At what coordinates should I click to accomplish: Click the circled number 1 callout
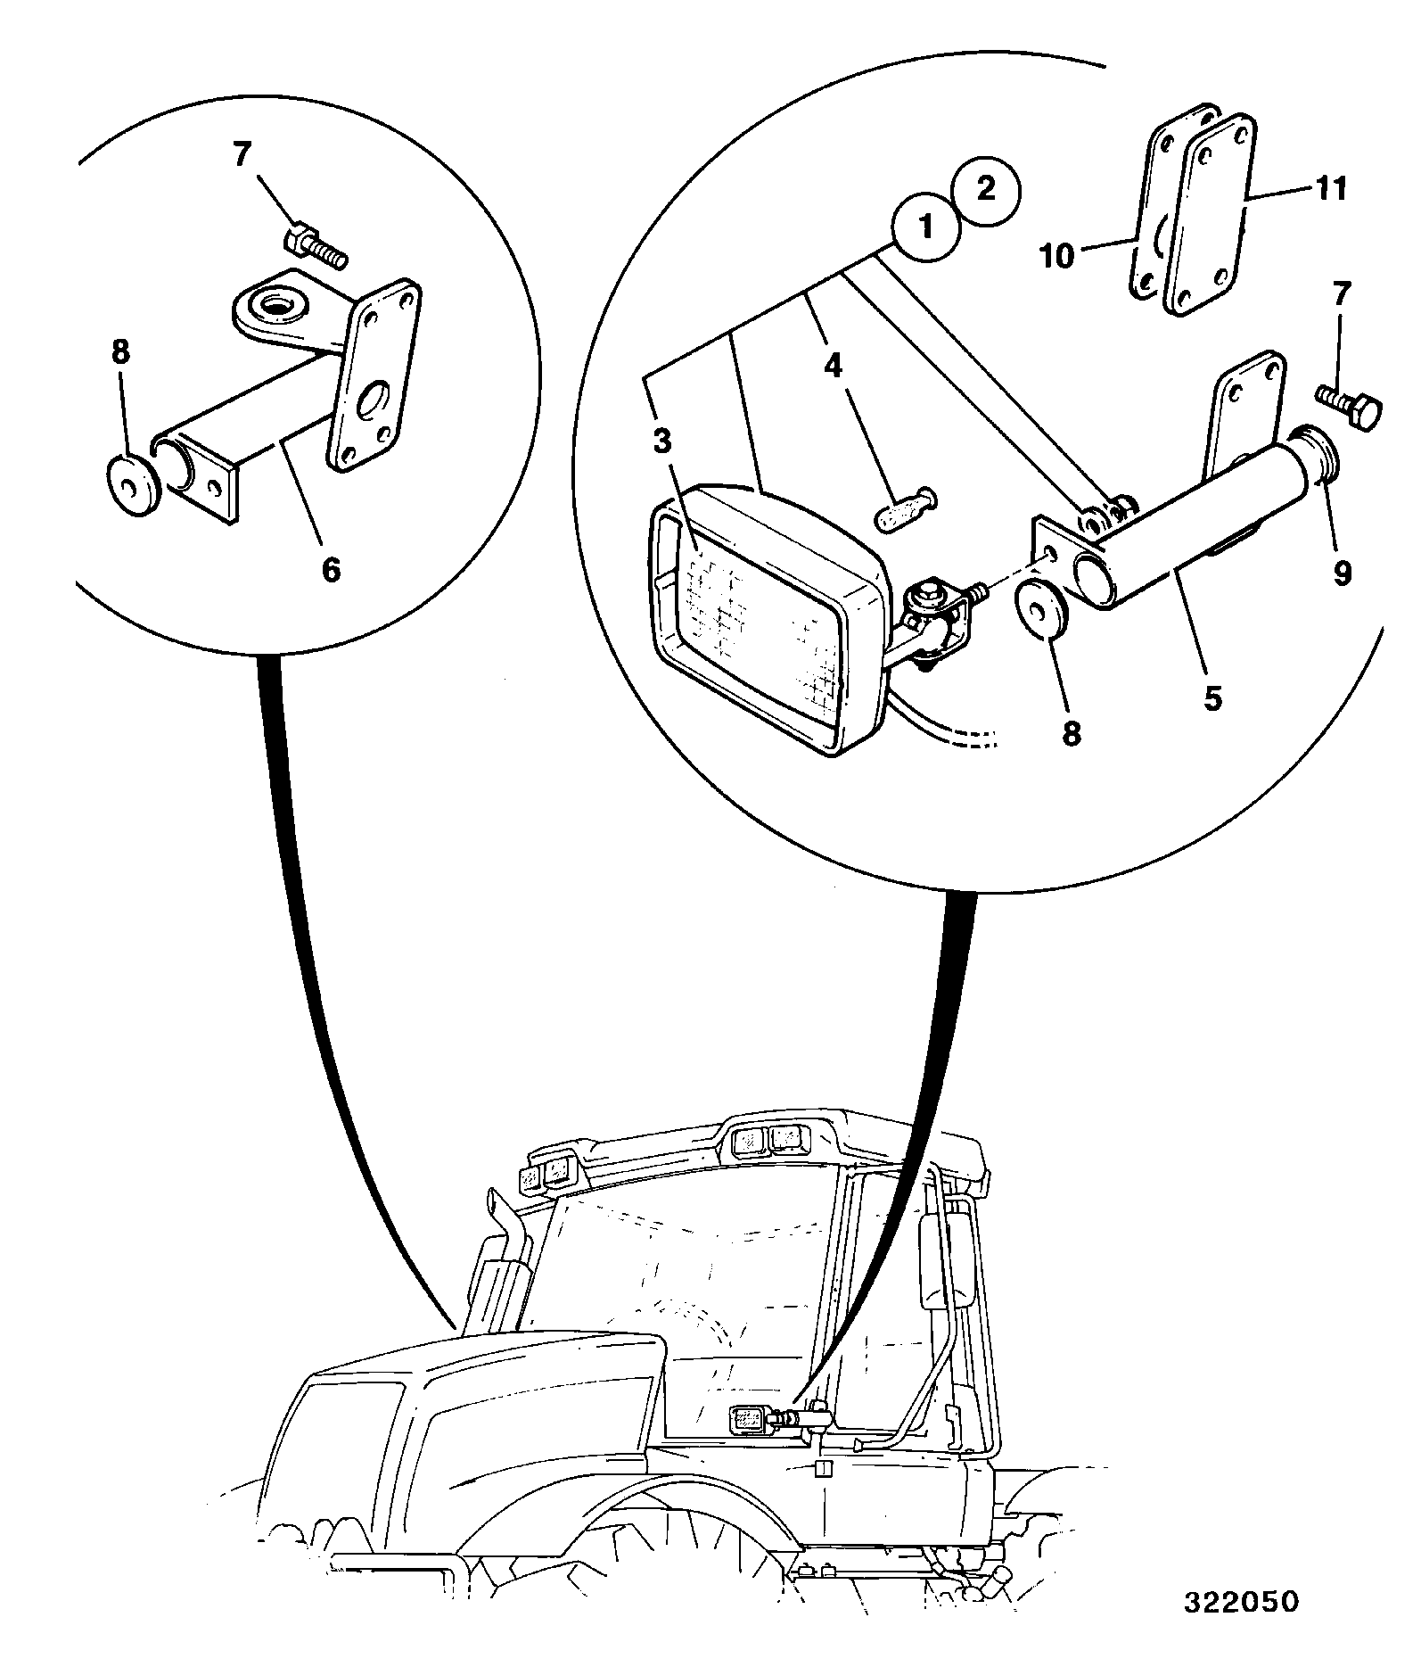[x=927, y=227]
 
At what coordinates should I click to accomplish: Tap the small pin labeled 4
[x=904, y=512]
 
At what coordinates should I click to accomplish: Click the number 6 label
[x=331, y=568]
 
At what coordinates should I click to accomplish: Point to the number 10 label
[x=1057, y=257]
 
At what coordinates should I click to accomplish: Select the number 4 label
[x=832, y=367]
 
